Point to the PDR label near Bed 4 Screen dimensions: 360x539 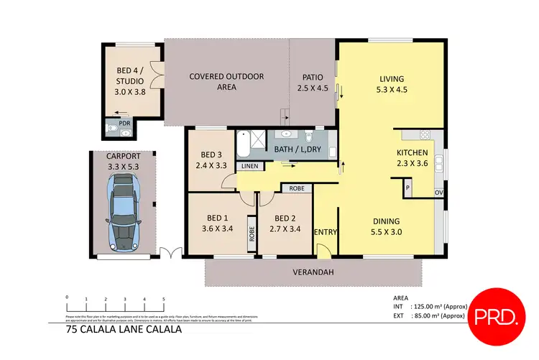tap(125, 124)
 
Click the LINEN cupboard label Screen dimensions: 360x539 tap(249, 166)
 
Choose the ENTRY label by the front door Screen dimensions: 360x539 tap(326, 231)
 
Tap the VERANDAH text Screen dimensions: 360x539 tap(313, 272)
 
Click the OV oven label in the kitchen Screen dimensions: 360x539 tap(438, 193)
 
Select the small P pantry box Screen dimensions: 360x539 tap(407, 188)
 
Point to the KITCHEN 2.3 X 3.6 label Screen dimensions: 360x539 tap(413, 158)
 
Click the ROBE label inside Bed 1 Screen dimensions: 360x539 tap(252, 234)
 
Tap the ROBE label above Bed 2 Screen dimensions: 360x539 tap(296, 188)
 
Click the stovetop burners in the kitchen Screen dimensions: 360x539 tap(424, 134)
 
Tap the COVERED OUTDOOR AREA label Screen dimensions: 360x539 tap(226, 82)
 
